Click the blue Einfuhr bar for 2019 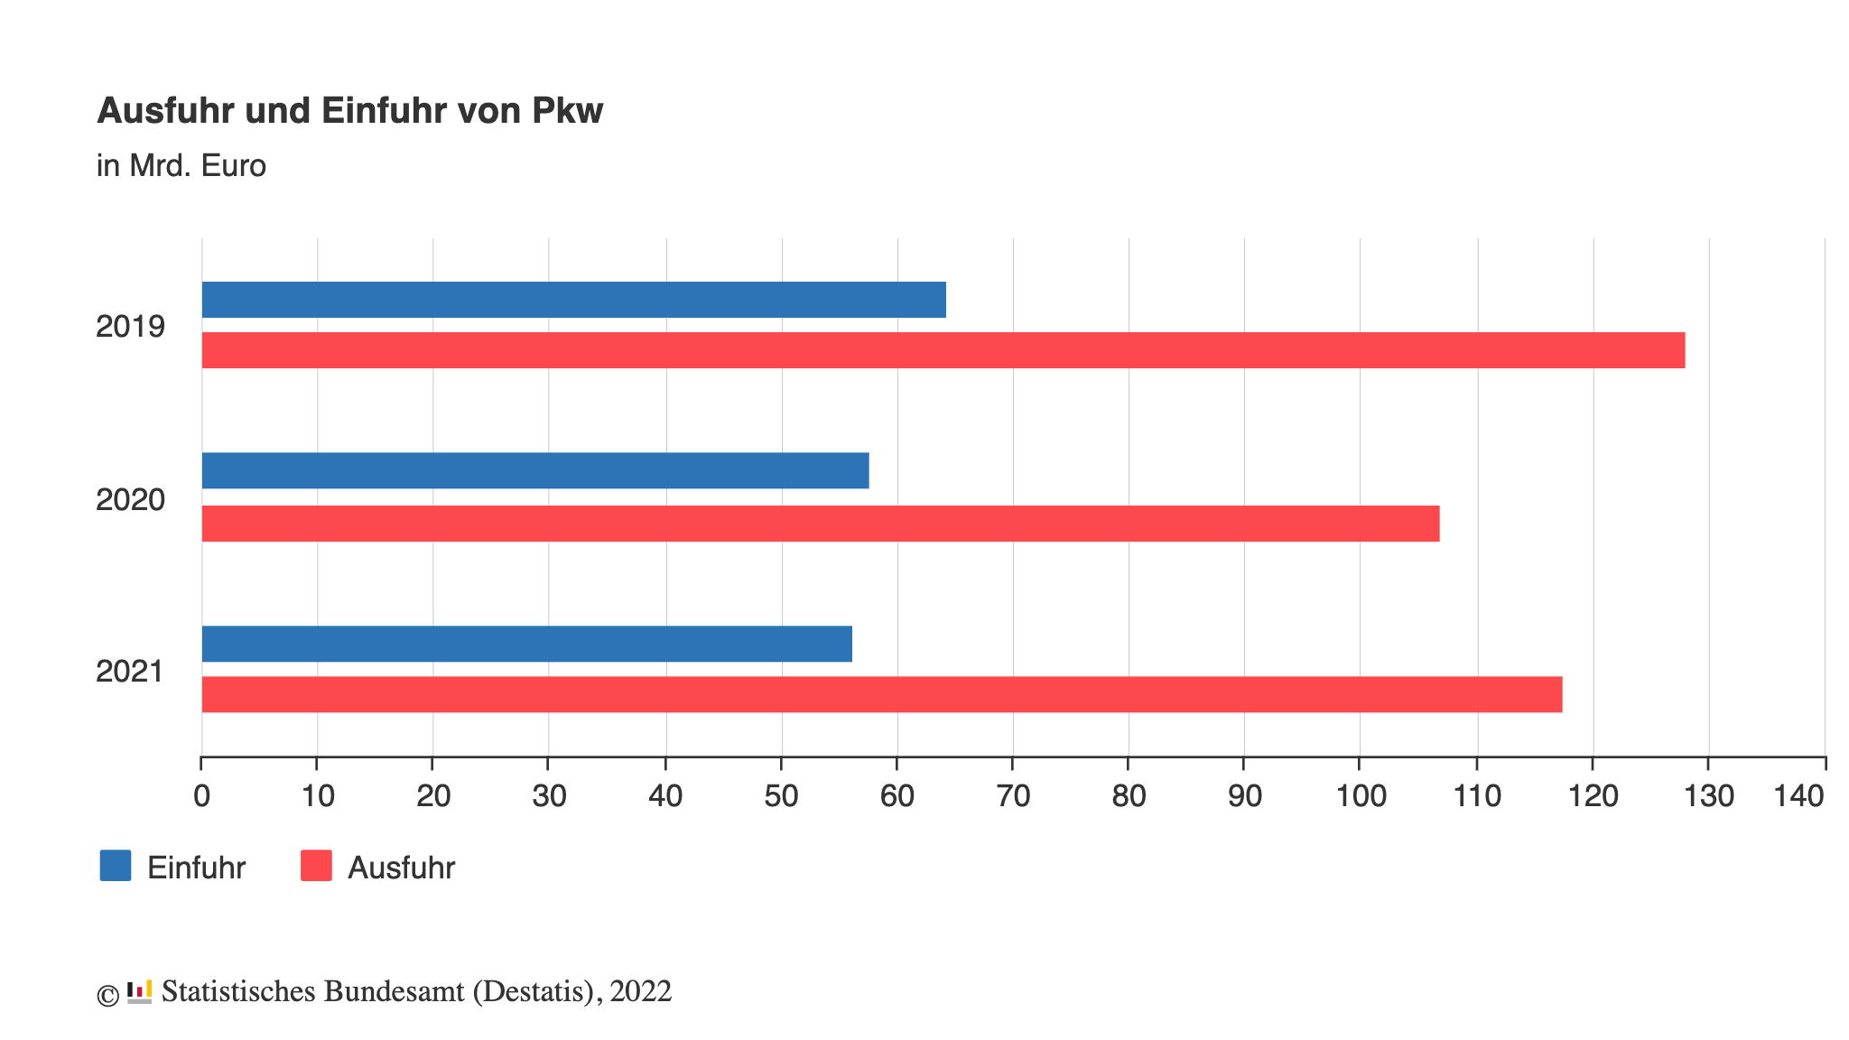pos(573,300)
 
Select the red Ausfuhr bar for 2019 pos(943,350)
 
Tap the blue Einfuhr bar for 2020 pos(534,470)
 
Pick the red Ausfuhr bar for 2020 pos(820,524)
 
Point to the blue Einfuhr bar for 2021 pos(526,644)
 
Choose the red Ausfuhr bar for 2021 pos(881,694)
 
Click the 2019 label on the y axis pos(131,327)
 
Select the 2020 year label pos(131,499)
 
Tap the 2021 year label pos(130,672)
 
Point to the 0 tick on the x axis pos(201,796)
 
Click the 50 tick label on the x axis pos(781,796)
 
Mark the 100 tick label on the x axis pos(1361,796)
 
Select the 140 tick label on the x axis pos(1799,796)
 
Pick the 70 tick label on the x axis pos(1013,796)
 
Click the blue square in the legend pos(116,866)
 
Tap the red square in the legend pos(316,866)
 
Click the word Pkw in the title pos(567,111)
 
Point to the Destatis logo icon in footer pos(139,991)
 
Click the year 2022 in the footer pos(641,991)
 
